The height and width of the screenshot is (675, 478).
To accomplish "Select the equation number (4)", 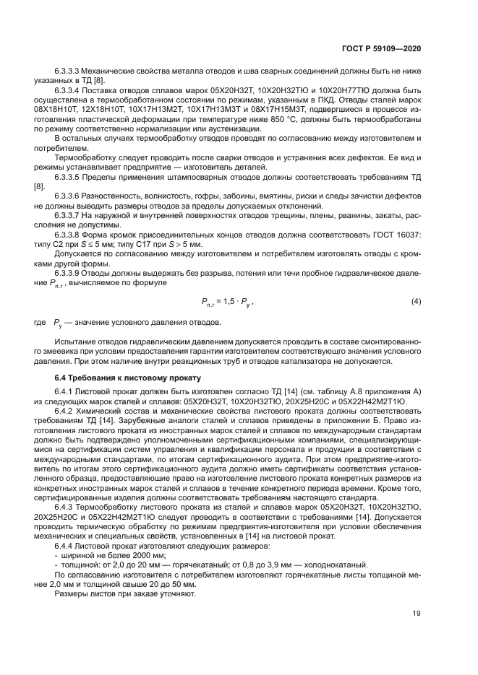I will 416,280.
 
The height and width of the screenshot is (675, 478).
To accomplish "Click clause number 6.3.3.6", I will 67,196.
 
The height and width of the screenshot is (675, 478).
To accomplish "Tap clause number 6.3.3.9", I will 67,255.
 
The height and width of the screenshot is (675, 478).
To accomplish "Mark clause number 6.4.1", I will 64,391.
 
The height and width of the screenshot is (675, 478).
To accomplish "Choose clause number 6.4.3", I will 64,507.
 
